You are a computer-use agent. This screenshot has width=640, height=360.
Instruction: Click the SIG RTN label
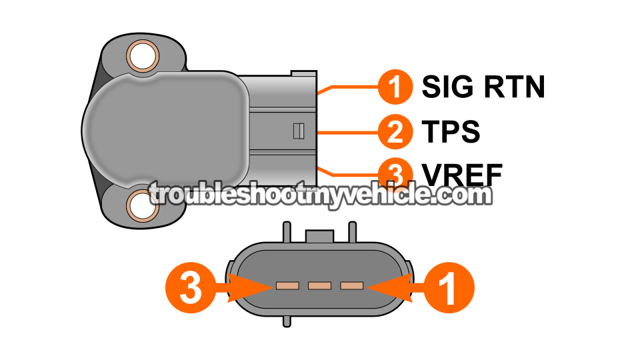click(483, 87)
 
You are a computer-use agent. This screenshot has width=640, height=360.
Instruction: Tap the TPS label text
click(451, 131)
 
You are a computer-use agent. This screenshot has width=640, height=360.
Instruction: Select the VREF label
click(462, 175)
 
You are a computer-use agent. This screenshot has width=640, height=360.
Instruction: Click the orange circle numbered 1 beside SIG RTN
click(395, 87)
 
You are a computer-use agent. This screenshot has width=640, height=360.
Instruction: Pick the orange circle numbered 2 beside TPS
click(395, 131)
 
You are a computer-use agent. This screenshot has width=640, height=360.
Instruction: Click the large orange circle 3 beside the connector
click(191, 287)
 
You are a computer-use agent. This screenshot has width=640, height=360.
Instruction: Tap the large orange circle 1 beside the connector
click(449, 287)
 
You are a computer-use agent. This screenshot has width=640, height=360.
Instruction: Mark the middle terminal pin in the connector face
click(319, 286)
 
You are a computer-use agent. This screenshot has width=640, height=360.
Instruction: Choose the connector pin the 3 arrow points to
click(287, 286)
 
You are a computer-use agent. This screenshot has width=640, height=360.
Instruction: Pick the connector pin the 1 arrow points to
click(352, 286)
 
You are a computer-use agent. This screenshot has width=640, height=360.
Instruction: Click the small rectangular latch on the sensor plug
click(299, 131)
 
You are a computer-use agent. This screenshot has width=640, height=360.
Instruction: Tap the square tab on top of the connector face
click(319, 236)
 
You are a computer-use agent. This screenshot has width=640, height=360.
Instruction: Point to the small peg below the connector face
click(287, 321)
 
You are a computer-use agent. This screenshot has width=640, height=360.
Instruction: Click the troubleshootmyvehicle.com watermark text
click(320, 195)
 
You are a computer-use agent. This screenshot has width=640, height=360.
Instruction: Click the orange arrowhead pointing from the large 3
click(250, 287)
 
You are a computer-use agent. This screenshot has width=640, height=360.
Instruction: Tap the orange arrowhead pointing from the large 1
click(390, 287)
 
